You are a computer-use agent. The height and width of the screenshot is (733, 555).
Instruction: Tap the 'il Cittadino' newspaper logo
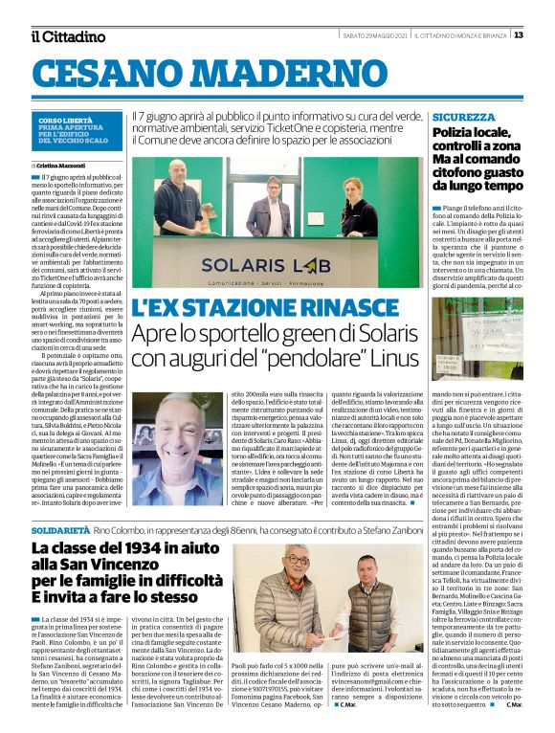pyautogui.click(x=68, y=36)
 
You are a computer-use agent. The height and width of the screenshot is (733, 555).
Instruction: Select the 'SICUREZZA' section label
pyautogui.click(x=463, y=116)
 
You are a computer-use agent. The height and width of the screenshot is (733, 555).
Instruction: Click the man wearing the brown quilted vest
pyautogui.click(x=367, y=613)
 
